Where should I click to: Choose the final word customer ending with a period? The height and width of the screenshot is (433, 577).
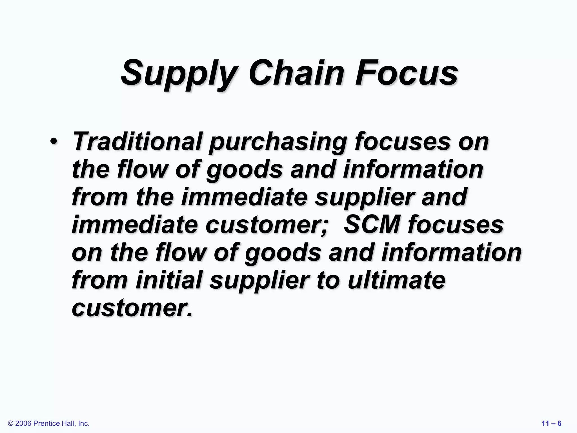pyautogui.click(x=132, y=308)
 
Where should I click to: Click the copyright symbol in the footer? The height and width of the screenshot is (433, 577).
pyautogui.click(x=11, y=423)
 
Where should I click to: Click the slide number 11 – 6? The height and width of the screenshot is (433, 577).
pyautogui.click(x=551, y=423)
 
